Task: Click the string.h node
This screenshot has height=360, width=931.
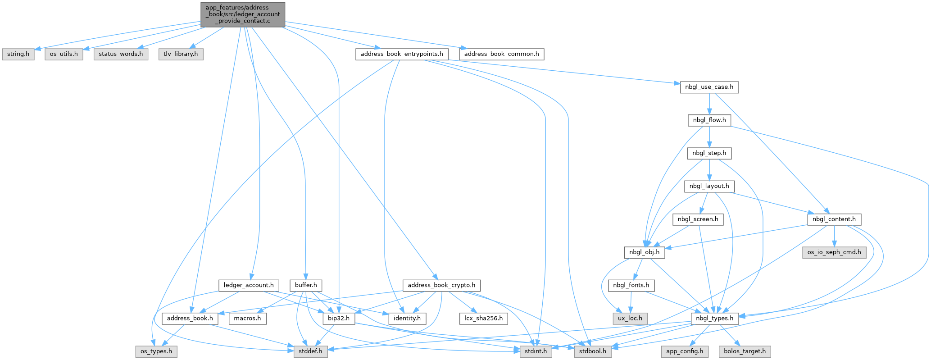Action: coord(18,54)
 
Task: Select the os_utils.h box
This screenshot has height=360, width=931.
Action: coord(64,54)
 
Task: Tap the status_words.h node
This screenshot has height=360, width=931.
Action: coord(121,54)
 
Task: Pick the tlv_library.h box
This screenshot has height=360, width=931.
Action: coord(181,54)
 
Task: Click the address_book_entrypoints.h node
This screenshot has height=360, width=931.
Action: coord(402,54)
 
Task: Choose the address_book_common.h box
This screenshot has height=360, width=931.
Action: coord(502,54)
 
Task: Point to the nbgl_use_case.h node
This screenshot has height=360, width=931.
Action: coord(709,87)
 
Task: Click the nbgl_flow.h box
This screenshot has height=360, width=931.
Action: coord(709,120)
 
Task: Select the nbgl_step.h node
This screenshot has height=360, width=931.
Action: coord(709,153)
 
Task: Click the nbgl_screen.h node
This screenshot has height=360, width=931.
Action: coord(698,219)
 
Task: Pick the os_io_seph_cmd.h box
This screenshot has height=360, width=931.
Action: coord(834,252)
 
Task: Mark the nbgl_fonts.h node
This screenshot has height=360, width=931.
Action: coord(631,285)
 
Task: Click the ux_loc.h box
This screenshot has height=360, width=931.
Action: coord(630,319)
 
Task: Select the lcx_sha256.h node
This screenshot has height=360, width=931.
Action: coord(484,319)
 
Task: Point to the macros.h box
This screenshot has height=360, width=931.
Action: coord(248,319)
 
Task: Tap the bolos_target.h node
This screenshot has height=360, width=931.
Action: coord(745,351)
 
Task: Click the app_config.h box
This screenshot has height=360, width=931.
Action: coord(685,351)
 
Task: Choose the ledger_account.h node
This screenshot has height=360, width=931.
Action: coord(249,285)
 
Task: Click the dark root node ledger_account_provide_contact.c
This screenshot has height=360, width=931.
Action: coord(243,14)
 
